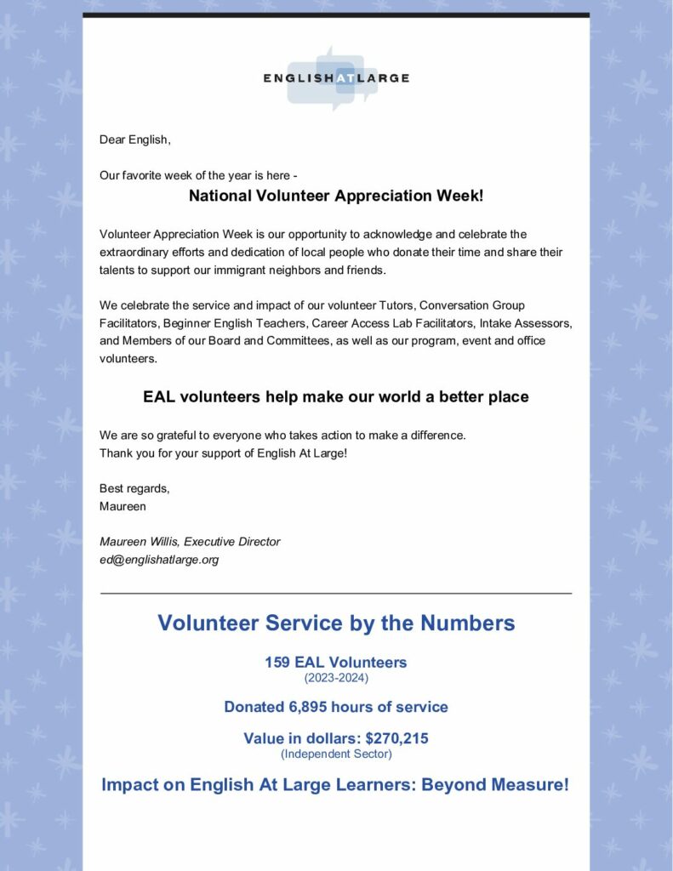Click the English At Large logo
(335, 78)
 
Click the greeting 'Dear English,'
(135, 139)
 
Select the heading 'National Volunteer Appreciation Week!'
(336, 196)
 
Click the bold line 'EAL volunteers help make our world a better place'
(336, 397)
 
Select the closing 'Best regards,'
(134, 488)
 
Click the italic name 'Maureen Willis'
(140, 542)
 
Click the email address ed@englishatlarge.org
(159, 560)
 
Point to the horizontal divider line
(336, 593)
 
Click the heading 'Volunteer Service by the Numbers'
(336, 623)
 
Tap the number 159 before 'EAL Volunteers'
(277, 662)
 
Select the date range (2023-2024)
(336, 678)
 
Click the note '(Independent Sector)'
(336, 754)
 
